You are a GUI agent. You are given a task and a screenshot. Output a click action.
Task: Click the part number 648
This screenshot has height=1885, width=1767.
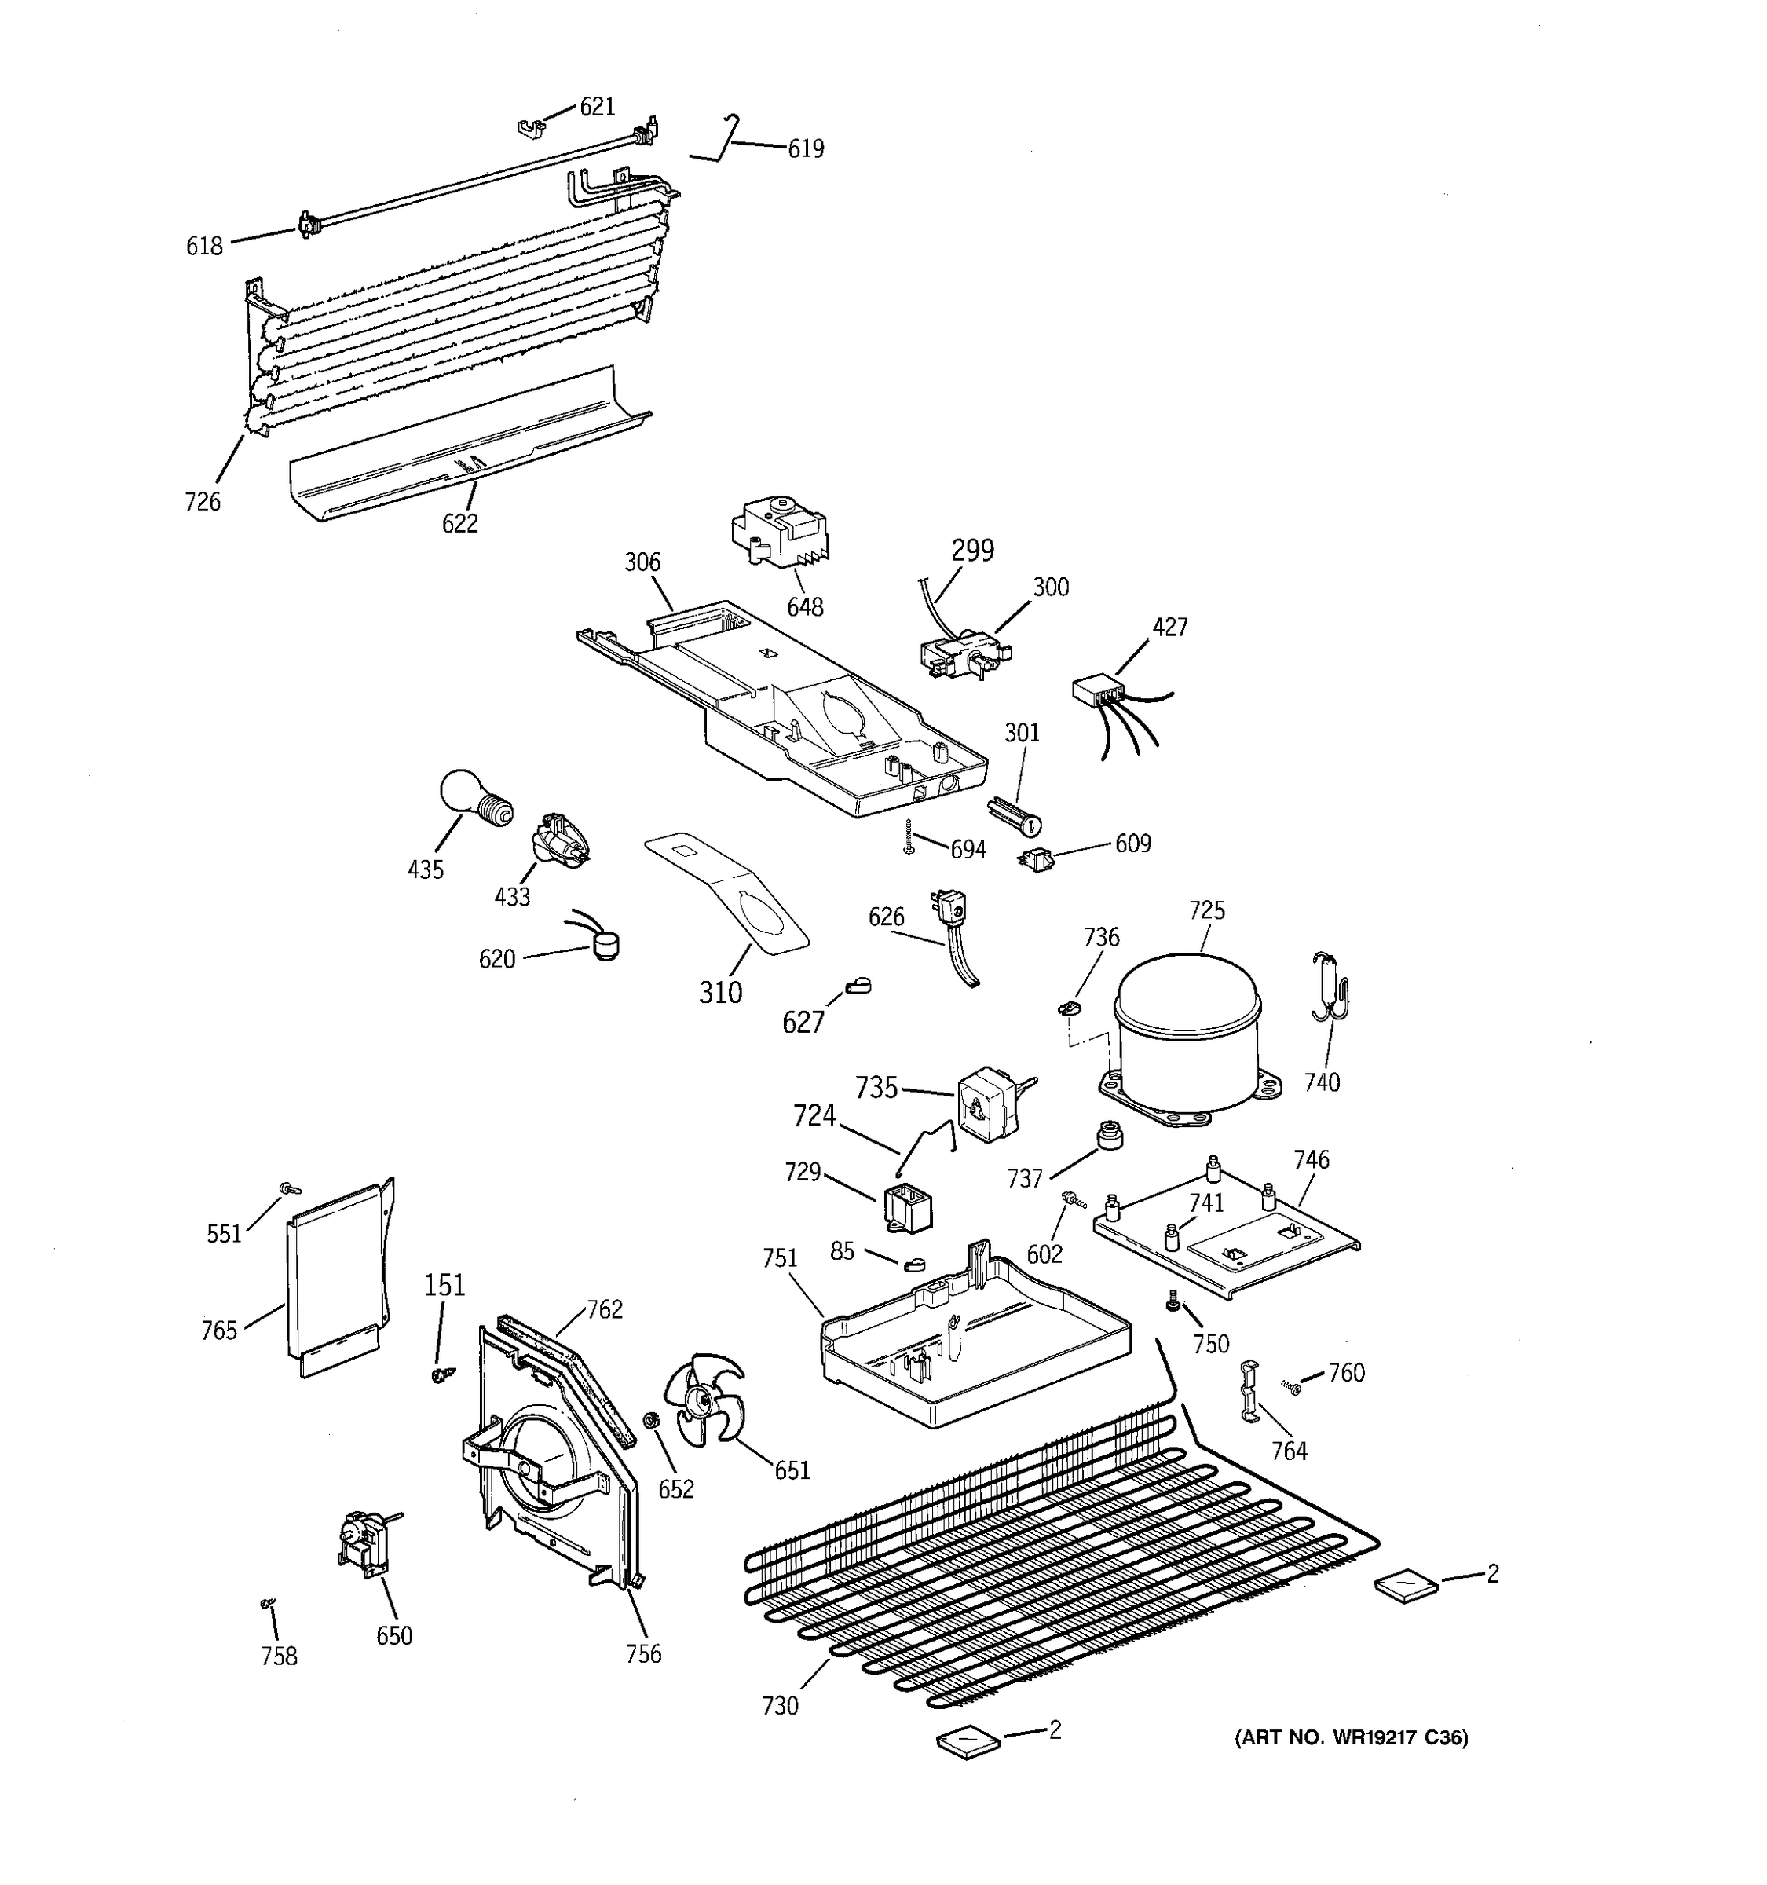(805, 607)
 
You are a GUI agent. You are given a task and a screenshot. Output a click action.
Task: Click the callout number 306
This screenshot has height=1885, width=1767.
(642, 562)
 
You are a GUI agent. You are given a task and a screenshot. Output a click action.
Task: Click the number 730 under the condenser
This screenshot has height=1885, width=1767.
(779, 1706)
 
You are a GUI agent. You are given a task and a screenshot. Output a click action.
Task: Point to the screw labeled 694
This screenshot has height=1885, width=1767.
(908, 837)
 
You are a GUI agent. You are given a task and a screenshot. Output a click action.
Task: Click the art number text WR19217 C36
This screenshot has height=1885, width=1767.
(1351, 1738)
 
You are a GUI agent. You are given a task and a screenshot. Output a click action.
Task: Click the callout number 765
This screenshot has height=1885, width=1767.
(219, 1330)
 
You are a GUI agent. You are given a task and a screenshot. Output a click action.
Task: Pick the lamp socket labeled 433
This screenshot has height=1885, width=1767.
(558, 838)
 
